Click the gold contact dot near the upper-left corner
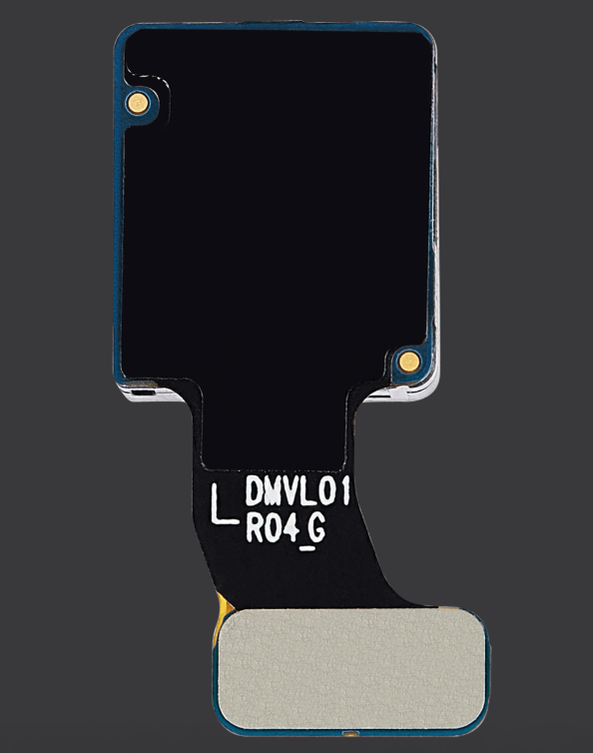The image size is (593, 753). (x=139, y=102)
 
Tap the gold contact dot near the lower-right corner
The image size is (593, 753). (x=408, y=361)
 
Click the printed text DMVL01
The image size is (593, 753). (x=297, y=490)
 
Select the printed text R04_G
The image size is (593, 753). (x=287, y=530)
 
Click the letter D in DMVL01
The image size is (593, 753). (x=255, y=490)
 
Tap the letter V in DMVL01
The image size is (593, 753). (x=291, y=490)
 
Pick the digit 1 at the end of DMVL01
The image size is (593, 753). (x=345, y=490)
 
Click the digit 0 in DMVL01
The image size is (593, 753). (x=326, y=490)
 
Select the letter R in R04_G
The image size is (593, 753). (x=254, y=529)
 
